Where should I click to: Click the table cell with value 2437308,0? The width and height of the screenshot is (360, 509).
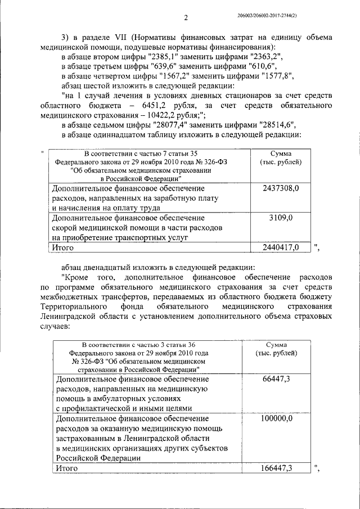[x=281, y=188]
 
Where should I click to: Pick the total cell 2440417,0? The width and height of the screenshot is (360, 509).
[x=281, y=247]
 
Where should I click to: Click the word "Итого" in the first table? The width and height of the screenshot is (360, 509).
[x=63, y=247]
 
